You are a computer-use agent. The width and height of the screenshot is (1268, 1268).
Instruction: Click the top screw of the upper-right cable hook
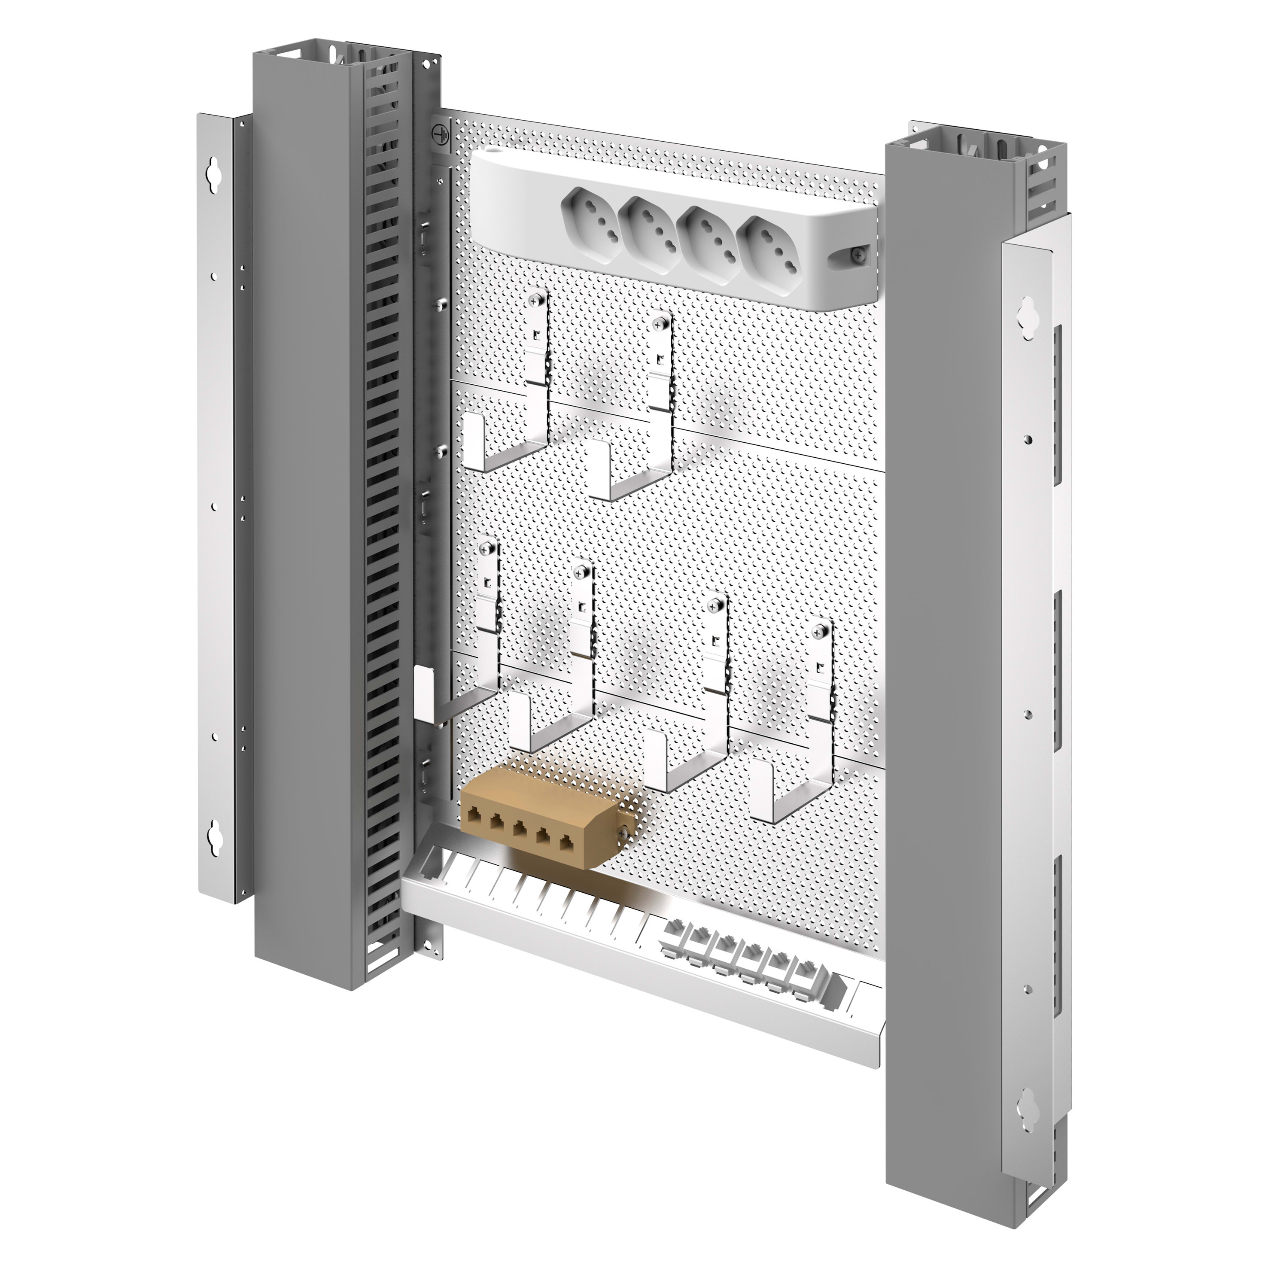tap(660, 323)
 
